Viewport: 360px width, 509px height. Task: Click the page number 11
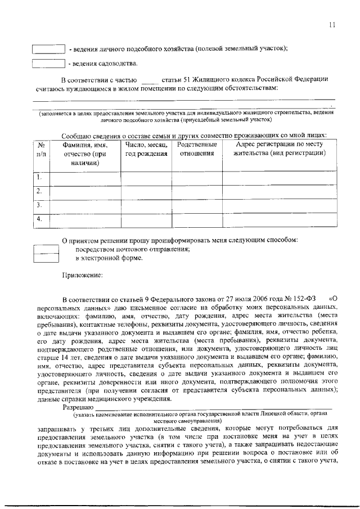(x=332, y=24)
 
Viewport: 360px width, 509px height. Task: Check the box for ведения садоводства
(x=48, y=64)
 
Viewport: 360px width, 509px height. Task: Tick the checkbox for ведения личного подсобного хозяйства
(x=48, y=49)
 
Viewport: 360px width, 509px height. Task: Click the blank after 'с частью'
(x=150, y=79)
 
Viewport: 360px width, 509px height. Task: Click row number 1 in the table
(x=39, y=178)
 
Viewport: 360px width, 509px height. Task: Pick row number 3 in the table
(x=39, y=206)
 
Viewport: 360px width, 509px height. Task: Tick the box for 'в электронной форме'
(x=46, y=258)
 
